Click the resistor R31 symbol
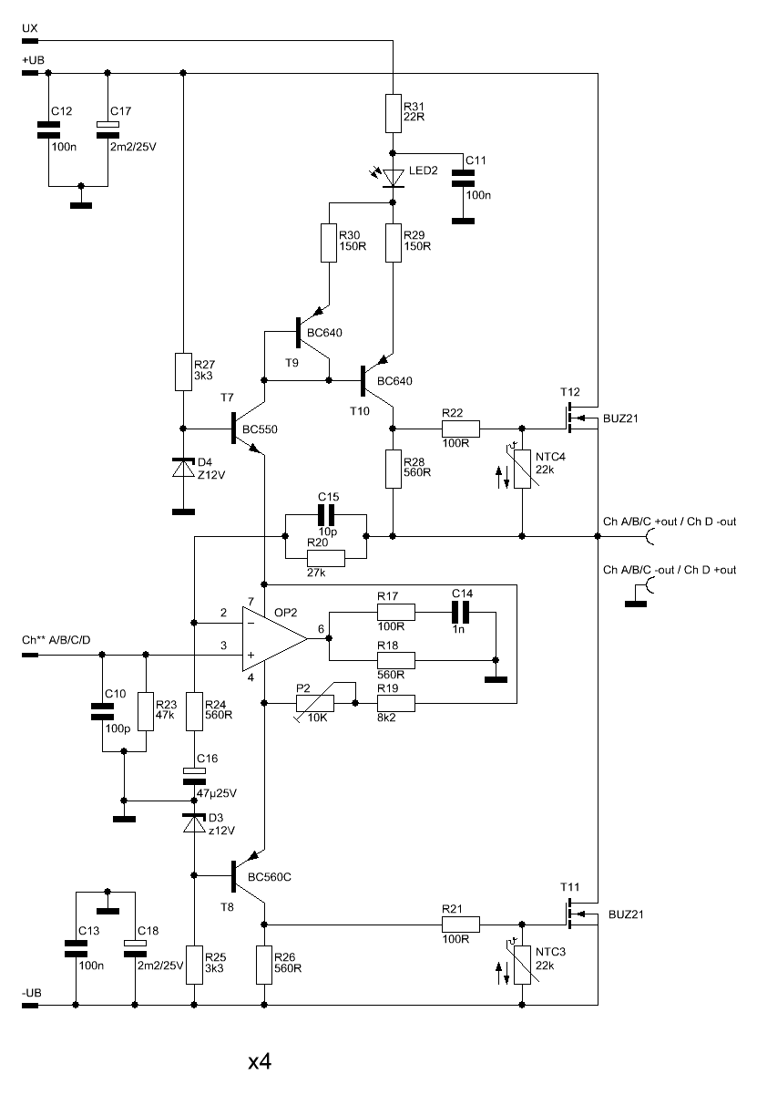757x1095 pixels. (x=394, y=113)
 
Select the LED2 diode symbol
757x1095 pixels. (x=393, y=178)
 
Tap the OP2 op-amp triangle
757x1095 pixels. (x=275, y=639)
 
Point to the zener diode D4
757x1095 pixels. (x=183, y=468)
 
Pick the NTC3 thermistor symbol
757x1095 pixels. (x=522, y=965)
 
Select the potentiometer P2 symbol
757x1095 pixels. (x=315, y=704)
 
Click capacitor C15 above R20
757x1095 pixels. (x=326, y=515)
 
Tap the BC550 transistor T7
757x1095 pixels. (x=248, y=429)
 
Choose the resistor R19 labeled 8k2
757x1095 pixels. (x=396, y=704)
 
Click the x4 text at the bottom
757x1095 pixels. (x=260, y=1061)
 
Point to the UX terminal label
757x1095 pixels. (x=30, y=28)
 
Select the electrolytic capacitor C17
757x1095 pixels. (x=107, y=130)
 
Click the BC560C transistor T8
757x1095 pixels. (x=248, y=876)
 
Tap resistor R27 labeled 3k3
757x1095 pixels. (x=183, y=372)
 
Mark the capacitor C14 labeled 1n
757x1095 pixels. (x=460, y=612)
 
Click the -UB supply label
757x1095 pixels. (x=32, y=993)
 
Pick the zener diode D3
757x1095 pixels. (x=194, y=823)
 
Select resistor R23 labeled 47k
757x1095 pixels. (x=146, y=712)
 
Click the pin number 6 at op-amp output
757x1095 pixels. (x=321, y=629)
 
